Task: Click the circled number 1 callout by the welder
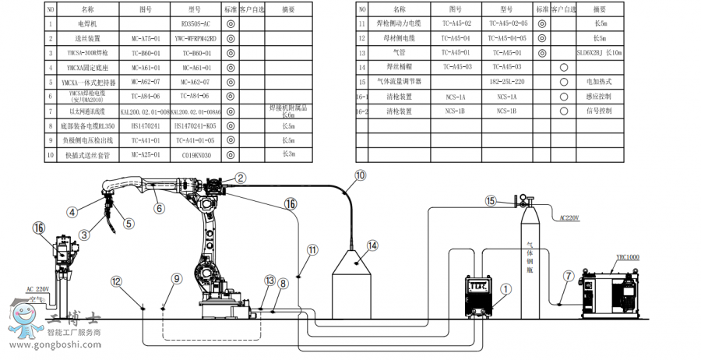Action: coord(506,288)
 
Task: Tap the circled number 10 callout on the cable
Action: coord(359,176)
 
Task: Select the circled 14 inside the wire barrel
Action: coord(372,245)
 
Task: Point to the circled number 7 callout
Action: coord(568,275)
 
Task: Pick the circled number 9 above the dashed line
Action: coord(177,278)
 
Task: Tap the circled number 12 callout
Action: coord(116,281)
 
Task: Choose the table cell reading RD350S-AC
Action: coord(196,24)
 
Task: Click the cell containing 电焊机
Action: coord(87,24)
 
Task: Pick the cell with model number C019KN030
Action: coord(196,154)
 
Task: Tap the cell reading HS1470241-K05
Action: coord(196,125)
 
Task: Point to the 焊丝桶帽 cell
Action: coord(400,67)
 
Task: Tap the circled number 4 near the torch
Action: coord(71,211)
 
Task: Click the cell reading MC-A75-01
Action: coord(145,37)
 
